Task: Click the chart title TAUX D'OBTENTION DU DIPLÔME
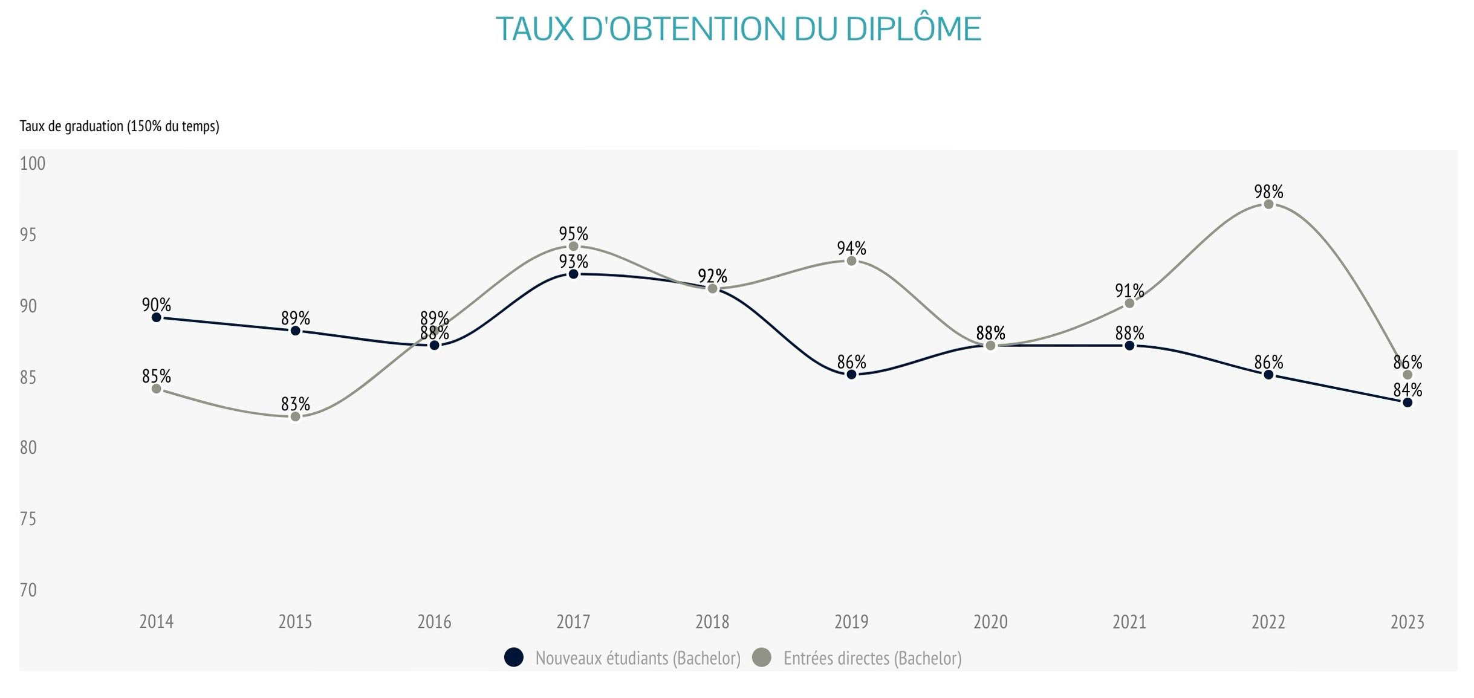click(738, 29)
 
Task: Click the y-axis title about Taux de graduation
click(119, 126)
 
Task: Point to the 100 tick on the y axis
click(33, 164)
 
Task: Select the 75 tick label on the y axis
click(28, 519)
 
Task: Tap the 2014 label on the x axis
click(156, 622)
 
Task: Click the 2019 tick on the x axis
click(851, 622)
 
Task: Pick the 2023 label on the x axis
click(1407, 622)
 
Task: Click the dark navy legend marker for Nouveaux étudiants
click(513, 658)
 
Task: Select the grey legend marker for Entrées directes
click(763, 658)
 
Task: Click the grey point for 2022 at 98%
click(1268, 204)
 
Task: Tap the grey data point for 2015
click(295, 416)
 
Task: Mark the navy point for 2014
click(156, 317)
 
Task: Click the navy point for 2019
click(851, 375)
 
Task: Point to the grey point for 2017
click(573, 247)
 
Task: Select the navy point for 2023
click(1407, 402)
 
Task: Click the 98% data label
click(1268, 192)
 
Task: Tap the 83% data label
click(295, 404)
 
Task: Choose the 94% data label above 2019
click(851, 248)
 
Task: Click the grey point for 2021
click(1129, 303)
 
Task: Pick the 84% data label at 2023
click(1407, 390)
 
